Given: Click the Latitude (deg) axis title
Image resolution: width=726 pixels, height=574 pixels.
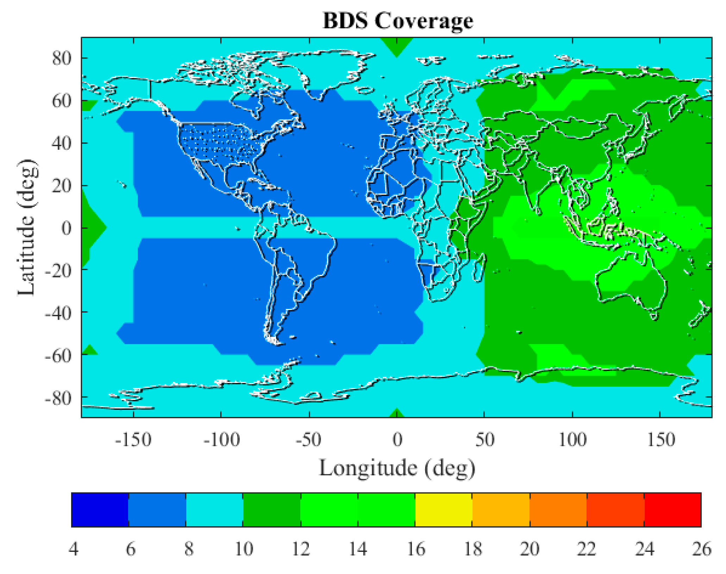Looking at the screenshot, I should (27, 228).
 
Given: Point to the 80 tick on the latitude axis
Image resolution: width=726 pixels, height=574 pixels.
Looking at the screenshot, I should (62, 58).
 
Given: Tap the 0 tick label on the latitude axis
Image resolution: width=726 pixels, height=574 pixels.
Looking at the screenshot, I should (66, 228).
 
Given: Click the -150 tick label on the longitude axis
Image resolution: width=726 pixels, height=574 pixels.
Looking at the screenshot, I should (133, 440).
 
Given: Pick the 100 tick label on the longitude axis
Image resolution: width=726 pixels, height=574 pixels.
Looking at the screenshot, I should (572, 440).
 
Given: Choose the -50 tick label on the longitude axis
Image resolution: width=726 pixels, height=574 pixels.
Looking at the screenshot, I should (308, 440).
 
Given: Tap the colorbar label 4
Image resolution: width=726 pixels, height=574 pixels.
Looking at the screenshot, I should (73, 549).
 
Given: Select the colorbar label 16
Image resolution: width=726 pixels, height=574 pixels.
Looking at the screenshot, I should (416, 549).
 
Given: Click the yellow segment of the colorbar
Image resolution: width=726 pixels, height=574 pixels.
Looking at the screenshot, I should (444, 510).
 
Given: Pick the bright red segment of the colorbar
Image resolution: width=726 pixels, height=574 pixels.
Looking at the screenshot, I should (672, 510).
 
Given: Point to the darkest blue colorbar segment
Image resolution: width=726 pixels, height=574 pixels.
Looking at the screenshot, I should (100, 510).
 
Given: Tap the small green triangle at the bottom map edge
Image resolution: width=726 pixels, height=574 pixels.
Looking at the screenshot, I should (397, 414).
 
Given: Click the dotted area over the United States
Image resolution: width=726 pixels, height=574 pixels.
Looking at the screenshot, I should (218, 143).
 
